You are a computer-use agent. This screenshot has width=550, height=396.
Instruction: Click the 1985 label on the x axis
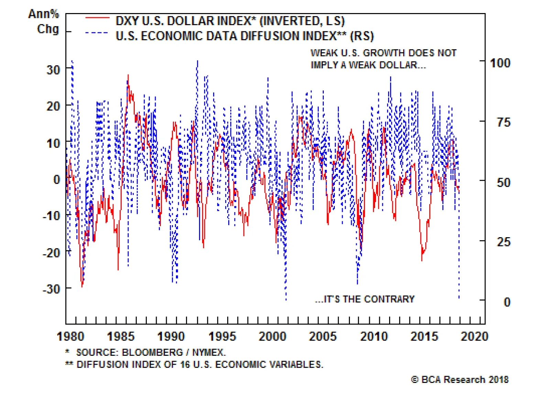[x=121, y=336]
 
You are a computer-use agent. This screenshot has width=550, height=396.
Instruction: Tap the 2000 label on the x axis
[x=272, y=336]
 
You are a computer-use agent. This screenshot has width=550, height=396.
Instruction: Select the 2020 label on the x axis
[x=474, y=336]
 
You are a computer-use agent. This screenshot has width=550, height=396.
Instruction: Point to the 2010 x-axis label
[x=374, y=336]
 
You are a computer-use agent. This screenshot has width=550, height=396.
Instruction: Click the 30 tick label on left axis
[x=53, y=70]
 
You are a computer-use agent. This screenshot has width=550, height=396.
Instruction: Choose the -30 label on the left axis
[x=52, y=289]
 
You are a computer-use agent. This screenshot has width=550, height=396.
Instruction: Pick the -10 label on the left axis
[x=52, y=216]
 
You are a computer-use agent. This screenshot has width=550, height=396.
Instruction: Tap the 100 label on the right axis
[x=500, y=63]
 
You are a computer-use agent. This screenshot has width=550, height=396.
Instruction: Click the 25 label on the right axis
[x=504, y=242]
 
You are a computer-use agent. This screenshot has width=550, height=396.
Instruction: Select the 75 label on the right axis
[x=504, y=122]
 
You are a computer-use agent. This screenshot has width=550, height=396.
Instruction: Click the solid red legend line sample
[x=97, y=18]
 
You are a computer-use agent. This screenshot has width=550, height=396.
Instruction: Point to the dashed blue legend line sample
[x=97, y=33]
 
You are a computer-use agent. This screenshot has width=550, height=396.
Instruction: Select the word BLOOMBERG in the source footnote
[x=152, y=352]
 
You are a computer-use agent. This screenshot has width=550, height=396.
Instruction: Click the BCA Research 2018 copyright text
[x=460, y=379]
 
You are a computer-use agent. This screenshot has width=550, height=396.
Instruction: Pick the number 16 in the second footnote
[x=185, y=364]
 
